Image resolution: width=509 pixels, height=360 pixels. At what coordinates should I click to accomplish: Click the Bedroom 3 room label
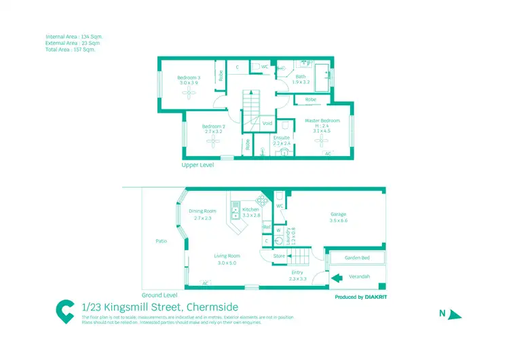coord(188,77)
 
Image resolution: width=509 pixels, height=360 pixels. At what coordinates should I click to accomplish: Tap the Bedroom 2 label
coord(213,126)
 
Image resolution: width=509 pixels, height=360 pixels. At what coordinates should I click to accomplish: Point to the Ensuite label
coord(281,138)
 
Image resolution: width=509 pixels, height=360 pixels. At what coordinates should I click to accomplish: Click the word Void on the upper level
coord(267,124)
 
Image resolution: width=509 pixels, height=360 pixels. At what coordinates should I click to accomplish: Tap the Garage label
coord(338,214)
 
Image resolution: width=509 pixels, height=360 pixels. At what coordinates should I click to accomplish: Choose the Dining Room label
coord(202,211)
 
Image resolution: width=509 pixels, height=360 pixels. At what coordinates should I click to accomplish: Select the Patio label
coord(162,241)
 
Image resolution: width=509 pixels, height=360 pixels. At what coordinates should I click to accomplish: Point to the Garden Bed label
coord(355,258)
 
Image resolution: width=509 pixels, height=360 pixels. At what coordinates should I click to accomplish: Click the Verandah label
coord(358,277)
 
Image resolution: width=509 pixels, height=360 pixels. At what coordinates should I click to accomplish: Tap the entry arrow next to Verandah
coord(336,277)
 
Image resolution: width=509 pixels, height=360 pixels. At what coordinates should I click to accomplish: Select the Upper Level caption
coord(198,165)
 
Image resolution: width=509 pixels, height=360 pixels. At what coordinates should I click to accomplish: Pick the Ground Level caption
coord(159,295)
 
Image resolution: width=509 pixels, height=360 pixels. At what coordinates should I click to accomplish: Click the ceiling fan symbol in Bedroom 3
coord(188,94)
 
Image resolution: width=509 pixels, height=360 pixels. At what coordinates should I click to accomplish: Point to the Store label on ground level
coord(279,256)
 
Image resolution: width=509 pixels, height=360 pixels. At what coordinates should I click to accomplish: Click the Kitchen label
coord(250,210)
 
